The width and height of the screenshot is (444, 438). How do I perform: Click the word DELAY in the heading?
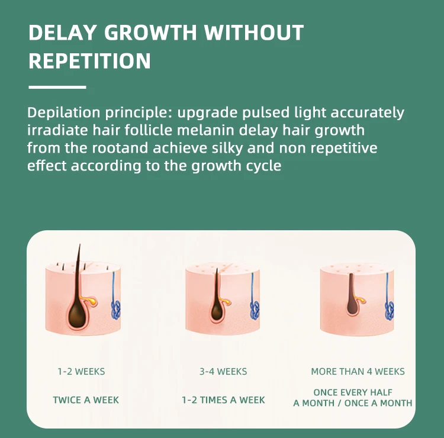62,33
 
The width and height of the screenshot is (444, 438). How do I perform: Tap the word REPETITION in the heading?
89,61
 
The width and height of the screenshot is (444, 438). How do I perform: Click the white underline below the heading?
57,87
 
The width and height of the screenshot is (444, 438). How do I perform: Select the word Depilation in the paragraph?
64,113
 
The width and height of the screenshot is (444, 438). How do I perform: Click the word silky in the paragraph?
227,149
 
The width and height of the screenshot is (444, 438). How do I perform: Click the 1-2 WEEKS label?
81,372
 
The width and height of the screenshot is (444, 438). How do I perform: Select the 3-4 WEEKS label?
223,372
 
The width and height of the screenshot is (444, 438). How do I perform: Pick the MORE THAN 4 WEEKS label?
358,372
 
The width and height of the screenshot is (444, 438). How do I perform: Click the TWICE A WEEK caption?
86,400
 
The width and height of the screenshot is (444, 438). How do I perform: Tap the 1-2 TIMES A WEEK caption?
223,400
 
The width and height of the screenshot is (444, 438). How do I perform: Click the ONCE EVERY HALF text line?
353,392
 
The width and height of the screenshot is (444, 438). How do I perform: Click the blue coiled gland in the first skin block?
116,310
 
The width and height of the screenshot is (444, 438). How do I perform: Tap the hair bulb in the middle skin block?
217,311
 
